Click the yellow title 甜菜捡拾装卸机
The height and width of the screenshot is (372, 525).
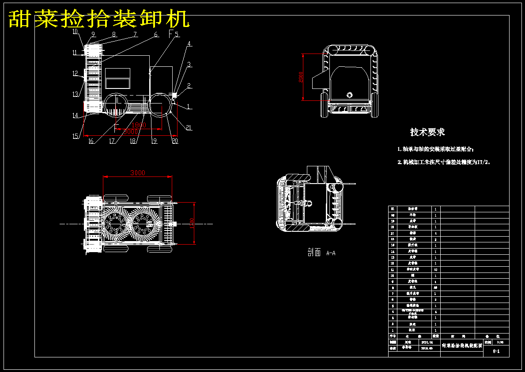coord(99,19)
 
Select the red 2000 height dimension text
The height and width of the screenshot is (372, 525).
coord(301,77)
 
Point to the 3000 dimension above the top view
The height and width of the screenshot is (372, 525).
coord(137,173)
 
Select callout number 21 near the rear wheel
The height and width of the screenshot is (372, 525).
coord(189,128)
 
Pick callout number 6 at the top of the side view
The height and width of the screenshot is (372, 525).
coord(155,34)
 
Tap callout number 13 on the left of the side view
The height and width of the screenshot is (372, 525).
coord(76,94)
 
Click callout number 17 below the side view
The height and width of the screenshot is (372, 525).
coord(112,142)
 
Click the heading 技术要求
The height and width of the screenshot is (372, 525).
coord(427,132)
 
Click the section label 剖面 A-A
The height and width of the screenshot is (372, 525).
coord(321,253)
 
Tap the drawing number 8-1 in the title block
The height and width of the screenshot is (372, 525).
coord(496,352)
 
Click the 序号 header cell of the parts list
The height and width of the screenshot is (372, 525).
coord(393,336)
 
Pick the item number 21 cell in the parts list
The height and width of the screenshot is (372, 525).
coord(393,209)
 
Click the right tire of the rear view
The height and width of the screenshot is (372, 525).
coord(374,105)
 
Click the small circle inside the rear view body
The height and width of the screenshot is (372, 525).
coord(350,94)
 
